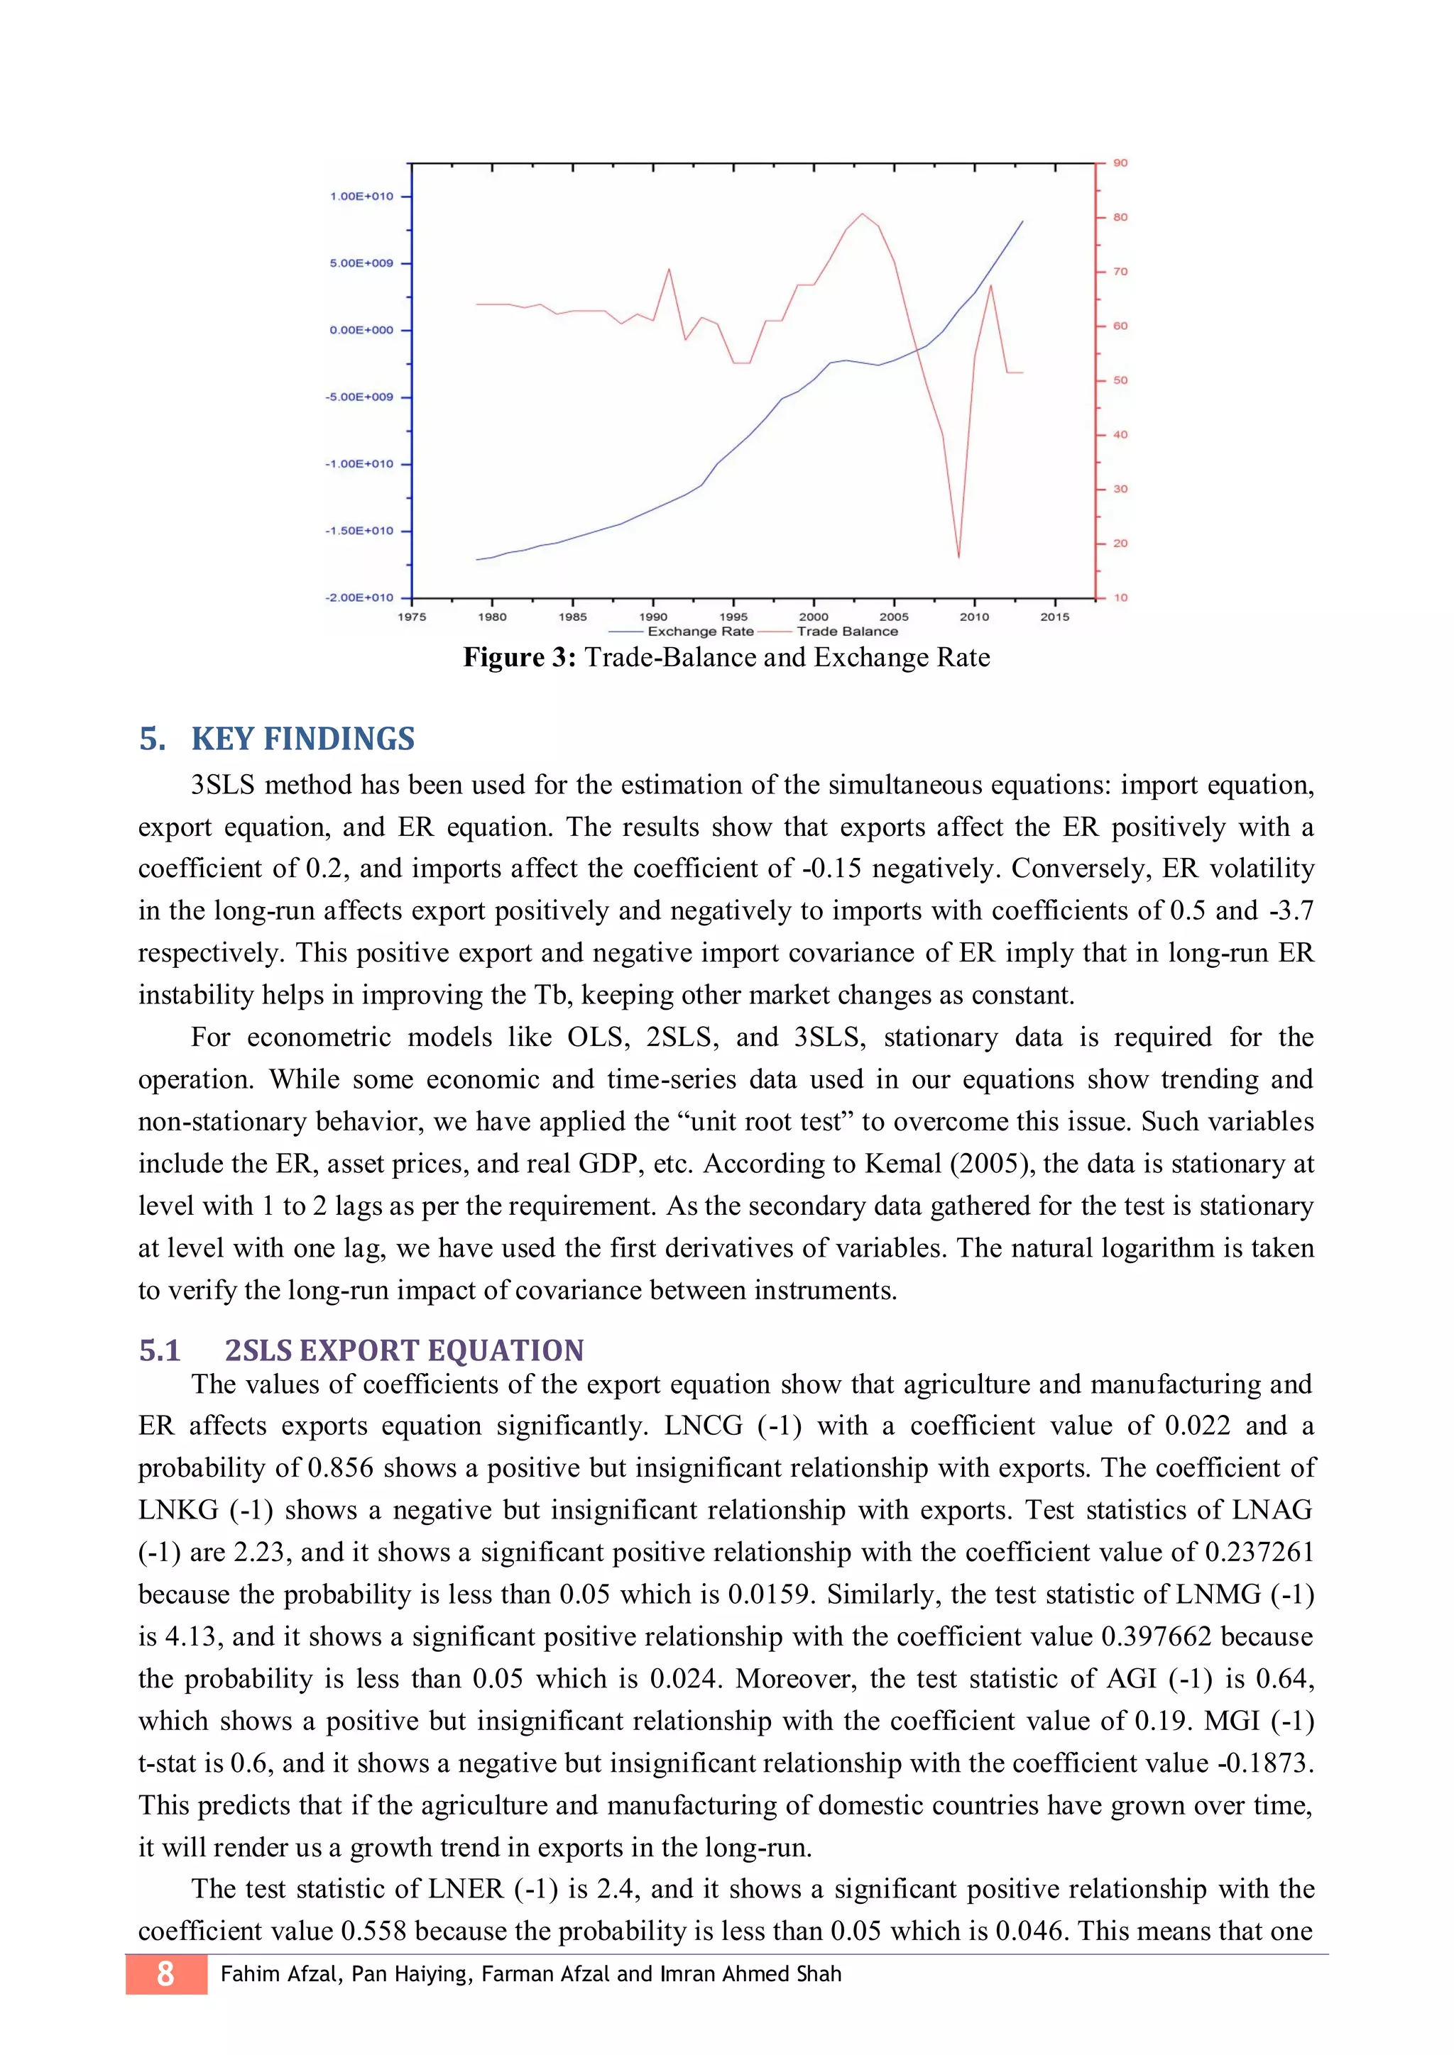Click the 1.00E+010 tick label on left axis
[361, 196]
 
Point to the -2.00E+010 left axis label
[359, 597]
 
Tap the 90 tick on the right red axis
[1120, 163]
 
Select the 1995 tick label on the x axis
[733, 617]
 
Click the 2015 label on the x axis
[1055, 617]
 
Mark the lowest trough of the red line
[959, 557]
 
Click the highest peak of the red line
[862, 214]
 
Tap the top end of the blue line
[1022, 221]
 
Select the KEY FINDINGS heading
[302, 739]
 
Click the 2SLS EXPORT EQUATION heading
[404, 1350]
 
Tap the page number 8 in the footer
[165, 1973]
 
